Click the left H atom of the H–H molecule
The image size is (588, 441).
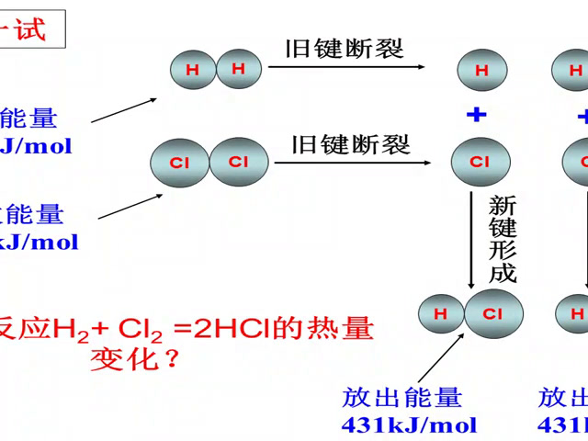192,69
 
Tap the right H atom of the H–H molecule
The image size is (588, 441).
239,68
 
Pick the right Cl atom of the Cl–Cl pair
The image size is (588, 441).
238,162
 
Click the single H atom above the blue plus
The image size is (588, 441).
481,69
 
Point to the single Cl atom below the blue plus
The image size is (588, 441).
479,163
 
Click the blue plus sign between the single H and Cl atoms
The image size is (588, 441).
476,116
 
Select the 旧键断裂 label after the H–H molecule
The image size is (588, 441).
345,49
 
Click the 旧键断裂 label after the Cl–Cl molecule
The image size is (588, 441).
351,144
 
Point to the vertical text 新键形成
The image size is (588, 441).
503,239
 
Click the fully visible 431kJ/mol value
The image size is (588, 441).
409,424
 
